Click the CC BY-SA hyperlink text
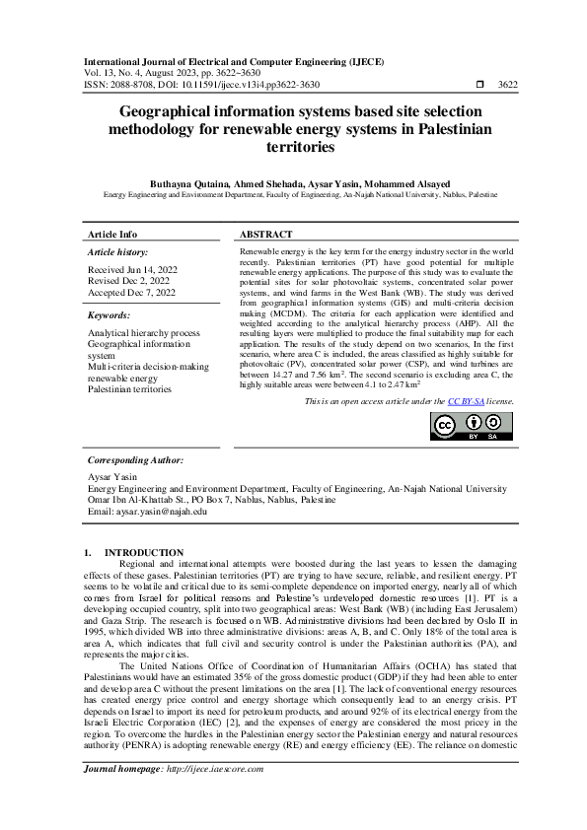point(463,401)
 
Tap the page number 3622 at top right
point(506,85)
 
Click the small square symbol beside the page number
point(479,85)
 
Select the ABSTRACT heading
point(266,235)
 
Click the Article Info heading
point(113,235)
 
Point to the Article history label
point(117,252)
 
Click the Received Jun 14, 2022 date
point(132,269)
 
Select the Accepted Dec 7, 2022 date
point(131,293)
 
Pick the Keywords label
point(110,315)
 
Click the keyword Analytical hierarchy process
point(144,334)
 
